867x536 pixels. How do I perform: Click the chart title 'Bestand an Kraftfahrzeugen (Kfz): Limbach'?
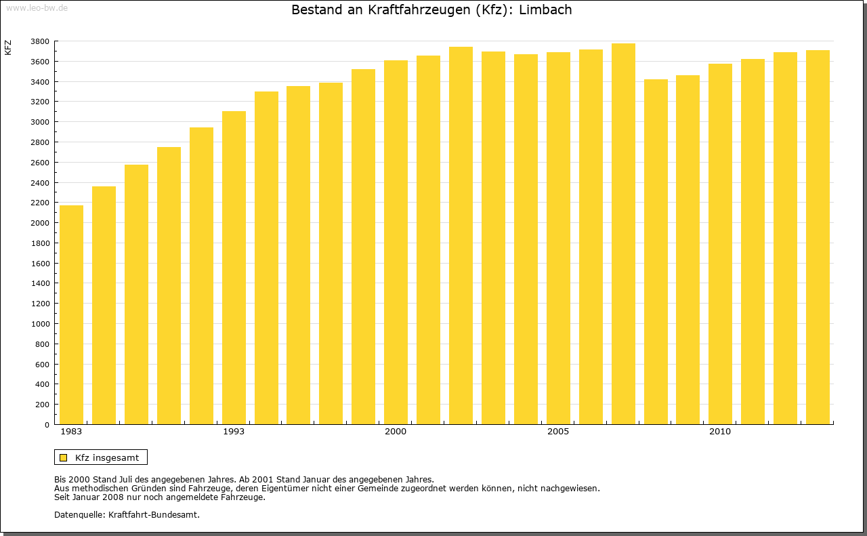431,10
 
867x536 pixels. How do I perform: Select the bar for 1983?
71,315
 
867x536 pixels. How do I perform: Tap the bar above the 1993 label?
234,268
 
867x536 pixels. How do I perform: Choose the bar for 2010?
720,244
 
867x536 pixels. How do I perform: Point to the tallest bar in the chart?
623,234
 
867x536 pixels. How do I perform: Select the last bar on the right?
818,237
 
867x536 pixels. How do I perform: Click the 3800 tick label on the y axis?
40,41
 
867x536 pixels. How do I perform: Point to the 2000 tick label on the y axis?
40,223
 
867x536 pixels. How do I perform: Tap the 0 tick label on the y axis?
47,425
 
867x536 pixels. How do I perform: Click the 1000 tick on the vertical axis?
40,324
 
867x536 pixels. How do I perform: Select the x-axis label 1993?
234,432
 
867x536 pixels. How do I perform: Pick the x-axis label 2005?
558,432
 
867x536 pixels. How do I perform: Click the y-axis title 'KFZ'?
8,47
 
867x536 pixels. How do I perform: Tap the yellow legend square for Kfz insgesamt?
63,457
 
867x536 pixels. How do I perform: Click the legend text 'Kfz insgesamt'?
107,457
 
